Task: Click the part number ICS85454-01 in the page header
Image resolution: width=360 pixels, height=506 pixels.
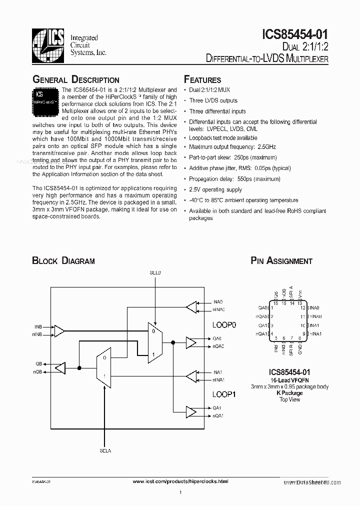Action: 294,34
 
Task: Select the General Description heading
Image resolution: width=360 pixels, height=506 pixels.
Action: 76,80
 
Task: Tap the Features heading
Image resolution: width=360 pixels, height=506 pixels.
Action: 202,80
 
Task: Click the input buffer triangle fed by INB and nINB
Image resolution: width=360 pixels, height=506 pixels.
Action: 59,331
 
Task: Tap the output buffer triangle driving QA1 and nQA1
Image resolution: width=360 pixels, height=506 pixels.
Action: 191,412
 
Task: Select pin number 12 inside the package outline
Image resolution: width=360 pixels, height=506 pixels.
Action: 302,308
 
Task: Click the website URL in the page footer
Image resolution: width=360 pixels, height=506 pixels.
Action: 181,481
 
